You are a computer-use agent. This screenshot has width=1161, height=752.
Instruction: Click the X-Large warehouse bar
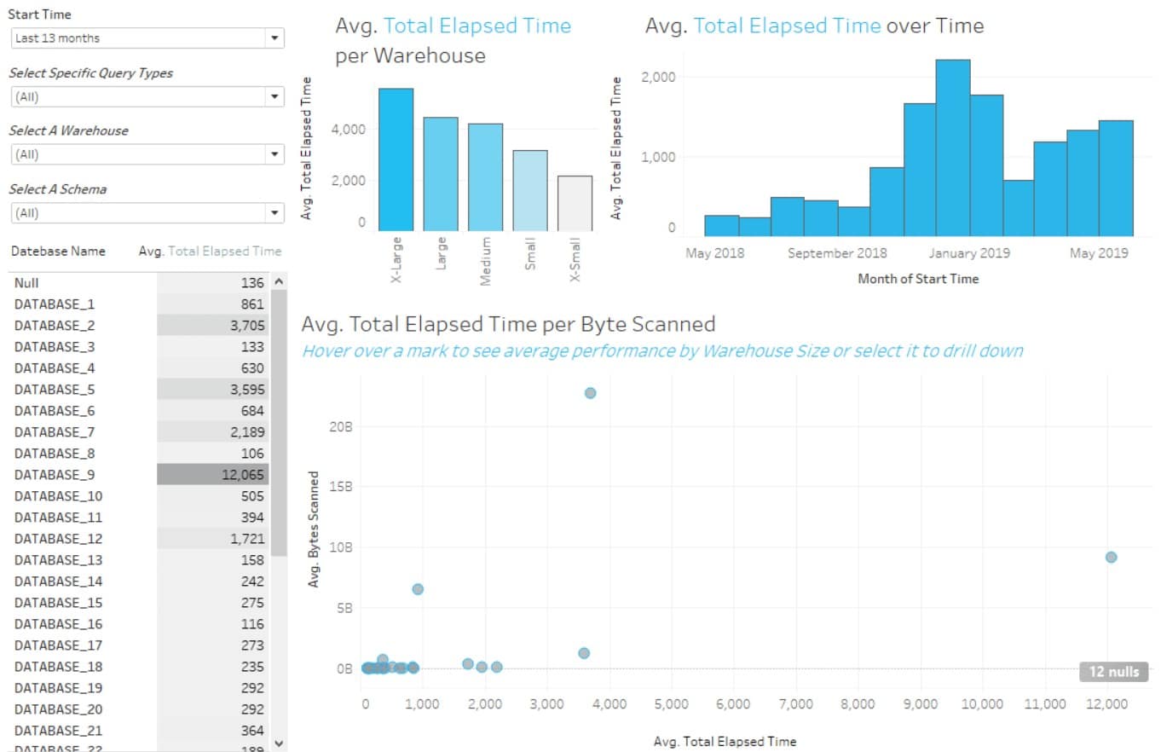(396, 159)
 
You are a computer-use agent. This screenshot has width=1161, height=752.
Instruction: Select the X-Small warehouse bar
(574, 204)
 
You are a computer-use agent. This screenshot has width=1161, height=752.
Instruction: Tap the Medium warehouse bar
(485, 177)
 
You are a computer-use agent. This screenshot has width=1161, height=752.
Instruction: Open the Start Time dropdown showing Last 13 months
(147, 38)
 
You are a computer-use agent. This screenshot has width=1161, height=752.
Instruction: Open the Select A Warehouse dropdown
(147, 154)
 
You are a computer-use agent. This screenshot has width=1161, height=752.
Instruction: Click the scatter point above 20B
(590, 393)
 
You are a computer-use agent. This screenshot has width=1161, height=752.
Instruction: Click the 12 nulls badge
(1113, 672)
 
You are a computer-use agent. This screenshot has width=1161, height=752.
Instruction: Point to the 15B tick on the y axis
(340, 487)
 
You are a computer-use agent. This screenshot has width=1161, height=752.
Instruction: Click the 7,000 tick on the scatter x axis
(795, 704)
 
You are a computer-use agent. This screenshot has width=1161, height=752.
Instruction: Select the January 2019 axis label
(969, 253)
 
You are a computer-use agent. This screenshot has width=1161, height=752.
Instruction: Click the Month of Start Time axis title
(918, 279)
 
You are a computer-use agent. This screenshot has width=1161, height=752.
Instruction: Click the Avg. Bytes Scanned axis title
(314, 529)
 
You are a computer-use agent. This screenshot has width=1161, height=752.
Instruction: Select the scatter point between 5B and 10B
(418, 589)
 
